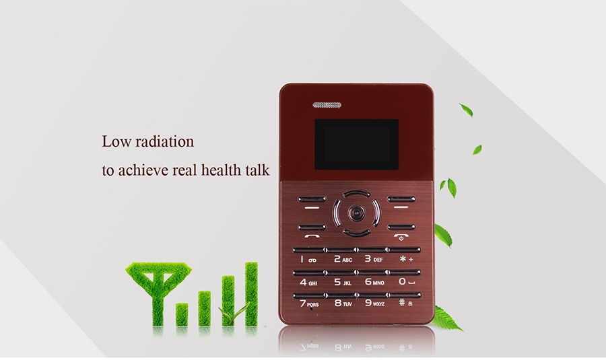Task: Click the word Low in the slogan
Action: [116, 141]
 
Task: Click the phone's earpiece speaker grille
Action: [327, 105]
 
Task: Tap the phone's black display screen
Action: [356, 145]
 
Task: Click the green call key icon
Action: [312, 236]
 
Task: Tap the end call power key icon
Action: [401, 236]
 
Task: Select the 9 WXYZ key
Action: [375, 303]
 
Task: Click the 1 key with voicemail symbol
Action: [308, 260]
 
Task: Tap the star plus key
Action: [406, 259]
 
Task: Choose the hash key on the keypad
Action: [405, 303]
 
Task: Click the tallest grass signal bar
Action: [251, 293]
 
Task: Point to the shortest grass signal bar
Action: [182, 314]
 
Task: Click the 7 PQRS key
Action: [309, 304]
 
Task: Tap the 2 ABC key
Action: [343, 260]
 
